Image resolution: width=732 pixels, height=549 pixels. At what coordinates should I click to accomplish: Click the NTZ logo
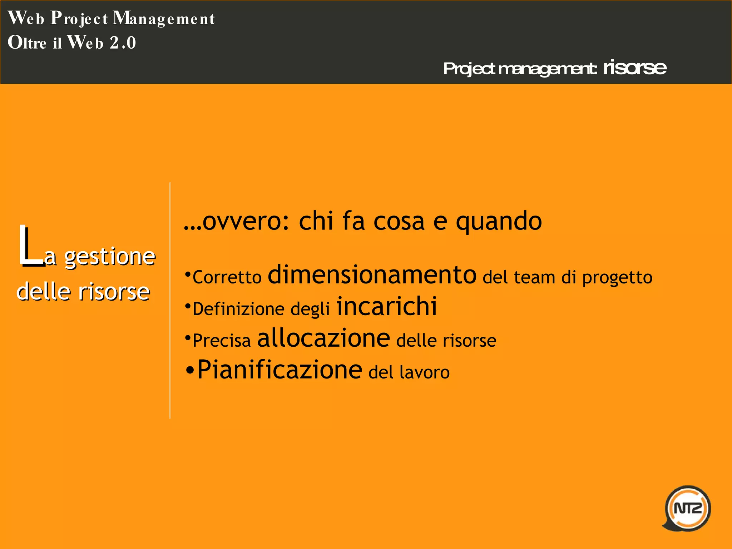coord(687,508)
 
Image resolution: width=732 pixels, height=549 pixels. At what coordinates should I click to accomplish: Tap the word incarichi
coord(387,307)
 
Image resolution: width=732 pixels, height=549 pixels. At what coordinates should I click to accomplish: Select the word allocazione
coord(323,338)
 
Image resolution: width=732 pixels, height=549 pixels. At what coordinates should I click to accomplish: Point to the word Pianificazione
coord(280,370)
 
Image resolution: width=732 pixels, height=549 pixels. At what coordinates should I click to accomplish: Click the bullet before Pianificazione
coord(190,371)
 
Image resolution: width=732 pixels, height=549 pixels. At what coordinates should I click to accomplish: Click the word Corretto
coord(227,277)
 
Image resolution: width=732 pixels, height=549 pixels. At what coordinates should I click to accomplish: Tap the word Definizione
coord(239,309)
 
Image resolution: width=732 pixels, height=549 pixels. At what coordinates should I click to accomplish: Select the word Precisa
coord(222,340)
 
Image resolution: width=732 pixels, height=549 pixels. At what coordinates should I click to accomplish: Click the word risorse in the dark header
coord(635,68)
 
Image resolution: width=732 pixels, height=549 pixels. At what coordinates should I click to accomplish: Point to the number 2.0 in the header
coord(123,43)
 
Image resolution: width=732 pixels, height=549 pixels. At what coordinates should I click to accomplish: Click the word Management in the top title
coord(164,19)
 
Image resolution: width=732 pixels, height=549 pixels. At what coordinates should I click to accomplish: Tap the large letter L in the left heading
coord(30,247)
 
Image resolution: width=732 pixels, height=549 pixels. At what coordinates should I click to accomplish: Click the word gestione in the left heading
coord(110,257)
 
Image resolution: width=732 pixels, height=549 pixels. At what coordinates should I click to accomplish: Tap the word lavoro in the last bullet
coord(424,372)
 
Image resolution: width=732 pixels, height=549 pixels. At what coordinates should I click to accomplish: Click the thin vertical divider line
coord(170,300)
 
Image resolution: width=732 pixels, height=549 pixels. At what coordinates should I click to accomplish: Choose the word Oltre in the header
coord(27,43)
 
